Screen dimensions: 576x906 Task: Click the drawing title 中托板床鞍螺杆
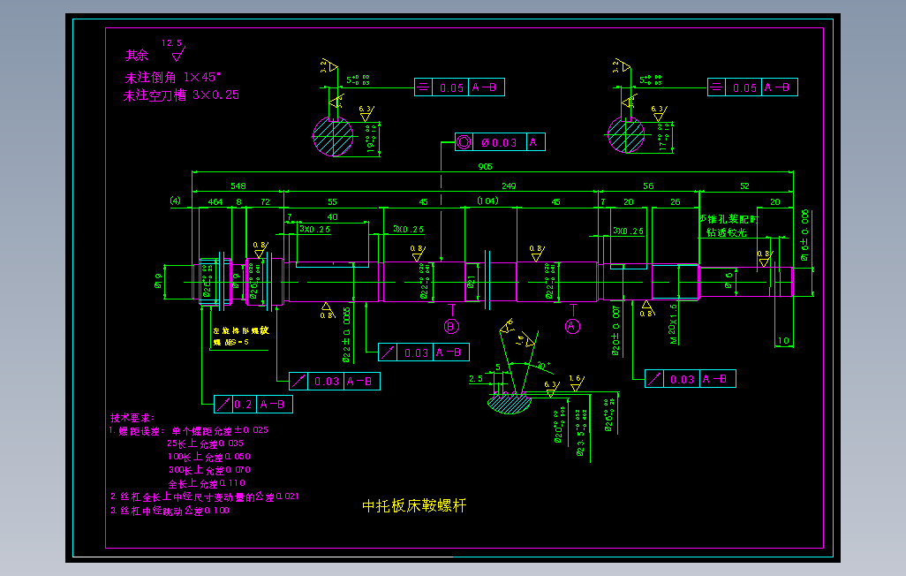tap(414, 506)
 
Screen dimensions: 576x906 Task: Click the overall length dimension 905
tap(485, 166)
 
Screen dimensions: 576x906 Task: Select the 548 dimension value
tap(238, 186)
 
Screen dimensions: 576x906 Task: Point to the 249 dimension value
tap(509, 186)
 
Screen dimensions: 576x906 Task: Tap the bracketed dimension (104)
tap(487, 202)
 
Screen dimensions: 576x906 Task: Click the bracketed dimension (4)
tap(175, 201)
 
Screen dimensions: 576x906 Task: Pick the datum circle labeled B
tap(451, 326)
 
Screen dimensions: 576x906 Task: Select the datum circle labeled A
tap(572, 326)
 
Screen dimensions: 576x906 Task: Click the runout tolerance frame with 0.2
tap(253, 405)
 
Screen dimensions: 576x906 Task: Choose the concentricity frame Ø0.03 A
tap(501, 142)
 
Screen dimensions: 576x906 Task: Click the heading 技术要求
tap(132, 417)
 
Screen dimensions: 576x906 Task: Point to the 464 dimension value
tap(215, 202)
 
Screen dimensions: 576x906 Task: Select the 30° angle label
tap(541, 365)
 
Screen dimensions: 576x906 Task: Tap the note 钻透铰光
tap(727, 232)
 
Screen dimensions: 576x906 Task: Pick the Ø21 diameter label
tap(472, 282)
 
